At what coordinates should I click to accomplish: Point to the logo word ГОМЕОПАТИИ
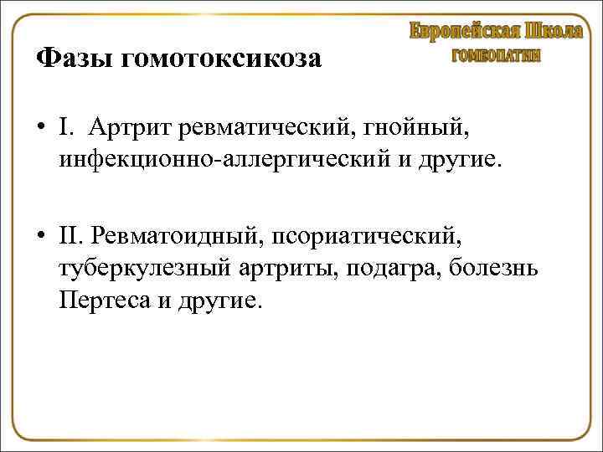[496, 56]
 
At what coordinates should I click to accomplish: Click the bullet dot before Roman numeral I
[41, 127]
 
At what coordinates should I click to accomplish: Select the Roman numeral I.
[64, 127]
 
